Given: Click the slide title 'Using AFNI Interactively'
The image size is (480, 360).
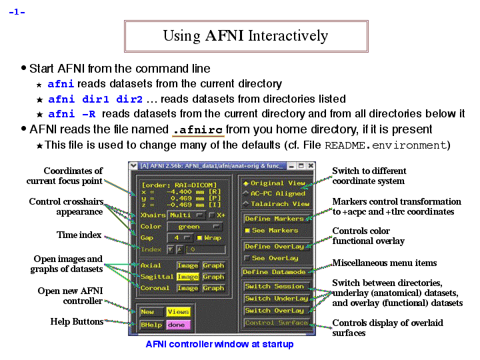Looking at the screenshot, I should click(x=245, y=36).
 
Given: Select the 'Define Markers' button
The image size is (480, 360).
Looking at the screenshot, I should click(x=274, y=219).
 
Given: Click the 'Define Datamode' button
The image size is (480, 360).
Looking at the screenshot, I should click(x=274, y=272).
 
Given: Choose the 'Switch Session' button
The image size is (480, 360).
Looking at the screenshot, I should click(x=274, y=286).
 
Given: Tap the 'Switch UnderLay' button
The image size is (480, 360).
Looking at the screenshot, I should click(x=276, y=299).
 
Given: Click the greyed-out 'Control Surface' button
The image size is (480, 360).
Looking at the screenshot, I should click(x=276, y=323).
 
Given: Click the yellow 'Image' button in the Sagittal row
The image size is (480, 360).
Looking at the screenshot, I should click(x=187, y=277).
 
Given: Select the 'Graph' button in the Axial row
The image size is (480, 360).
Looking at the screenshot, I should click(x=213, y=265).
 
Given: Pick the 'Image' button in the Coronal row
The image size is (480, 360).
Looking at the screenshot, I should click(x=187, y=288).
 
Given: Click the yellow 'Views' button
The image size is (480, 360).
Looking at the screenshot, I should click(x=178, y=311).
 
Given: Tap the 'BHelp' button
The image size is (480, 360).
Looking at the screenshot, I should click(x=151, y=324).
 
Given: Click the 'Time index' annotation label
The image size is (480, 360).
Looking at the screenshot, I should click(x=79, y=235).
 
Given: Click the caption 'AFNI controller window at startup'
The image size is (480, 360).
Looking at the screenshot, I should click(x=219, y=345).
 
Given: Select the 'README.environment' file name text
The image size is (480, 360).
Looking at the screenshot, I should click(x=384, y=145).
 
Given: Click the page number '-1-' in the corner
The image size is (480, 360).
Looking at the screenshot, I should click(x=17, y=11).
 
